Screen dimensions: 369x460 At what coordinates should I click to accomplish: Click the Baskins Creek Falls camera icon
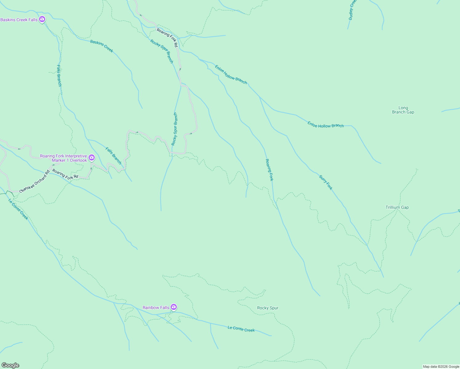pos(42,19)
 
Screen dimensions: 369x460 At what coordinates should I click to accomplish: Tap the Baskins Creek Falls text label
pos(19,20)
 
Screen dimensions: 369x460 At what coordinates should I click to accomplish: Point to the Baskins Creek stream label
pos(101,46)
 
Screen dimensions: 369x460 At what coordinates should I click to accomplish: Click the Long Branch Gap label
pos(403,110)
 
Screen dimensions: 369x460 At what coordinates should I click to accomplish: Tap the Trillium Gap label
pos(397,207)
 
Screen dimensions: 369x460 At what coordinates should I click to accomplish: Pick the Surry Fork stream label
pos(326,182)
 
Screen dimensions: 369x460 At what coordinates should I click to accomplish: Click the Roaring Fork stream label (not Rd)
pos(269,170)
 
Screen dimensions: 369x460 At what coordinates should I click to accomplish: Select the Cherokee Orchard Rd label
pos(34,182)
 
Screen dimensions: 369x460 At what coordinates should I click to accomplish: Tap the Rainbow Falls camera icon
pos(174,307)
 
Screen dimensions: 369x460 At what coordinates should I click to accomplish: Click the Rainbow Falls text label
pos(156,307)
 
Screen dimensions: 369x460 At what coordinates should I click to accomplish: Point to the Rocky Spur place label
pos(268,308)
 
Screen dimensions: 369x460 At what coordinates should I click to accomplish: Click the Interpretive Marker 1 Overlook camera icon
pos(92,158)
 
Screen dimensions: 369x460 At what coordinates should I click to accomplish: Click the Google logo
pos(10,365)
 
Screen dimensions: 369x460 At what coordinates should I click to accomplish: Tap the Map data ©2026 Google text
pos(441,367)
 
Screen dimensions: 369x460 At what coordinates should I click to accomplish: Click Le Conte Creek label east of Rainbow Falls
pos(241,329)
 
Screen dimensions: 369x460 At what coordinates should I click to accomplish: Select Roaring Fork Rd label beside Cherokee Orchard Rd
pos(65,174)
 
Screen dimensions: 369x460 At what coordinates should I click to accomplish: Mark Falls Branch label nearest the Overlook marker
pos(113,156)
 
